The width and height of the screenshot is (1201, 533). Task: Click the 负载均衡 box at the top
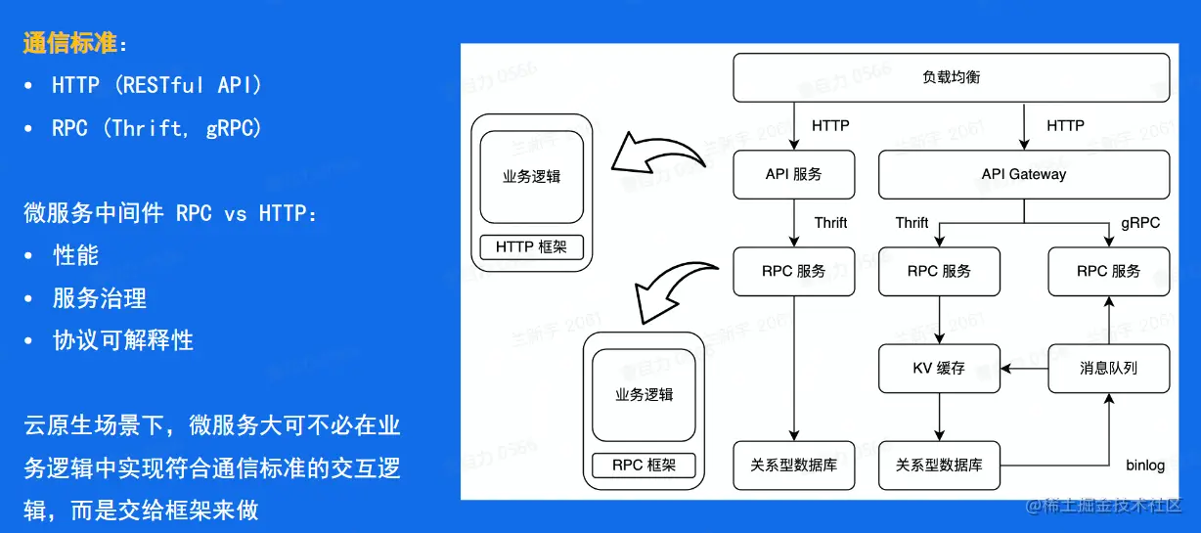pos(951,77)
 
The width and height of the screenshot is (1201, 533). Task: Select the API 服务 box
pos(793,174)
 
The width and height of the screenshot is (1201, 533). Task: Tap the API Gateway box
pos(1023,174)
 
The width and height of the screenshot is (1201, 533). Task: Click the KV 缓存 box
pos(938,369)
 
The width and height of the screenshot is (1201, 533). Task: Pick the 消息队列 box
pos(1108,369)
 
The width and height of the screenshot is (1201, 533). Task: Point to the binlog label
pos(1144,466)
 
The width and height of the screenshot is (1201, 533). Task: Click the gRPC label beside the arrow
pos(1140,223)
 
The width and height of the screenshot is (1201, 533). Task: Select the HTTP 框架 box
pos(531,247)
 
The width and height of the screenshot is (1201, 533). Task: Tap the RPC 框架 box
pos(644,466)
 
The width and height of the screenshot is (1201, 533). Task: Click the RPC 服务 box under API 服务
pos(793,271)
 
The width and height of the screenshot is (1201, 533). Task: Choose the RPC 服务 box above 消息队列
pos(1108,271)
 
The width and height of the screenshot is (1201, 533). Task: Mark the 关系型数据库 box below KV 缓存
pos(938,466)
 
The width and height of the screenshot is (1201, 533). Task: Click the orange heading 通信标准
pos(69,43)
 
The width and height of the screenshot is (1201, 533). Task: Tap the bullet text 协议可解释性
pos(123,340)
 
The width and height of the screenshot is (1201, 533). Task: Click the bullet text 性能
pos(76,255)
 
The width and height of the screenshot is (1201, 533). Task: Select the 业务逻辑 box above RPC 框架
pos(644,395)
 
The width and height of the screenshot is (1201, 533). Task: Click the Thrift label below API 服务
pos(830,223)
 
